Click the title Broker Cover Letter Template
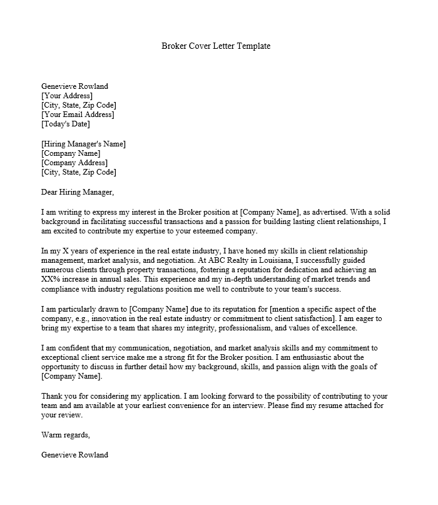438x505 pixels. (216, 46)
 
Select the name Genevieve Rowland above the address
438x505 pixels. (74, 86)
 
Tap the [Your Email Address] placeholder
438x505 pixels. (78, 115)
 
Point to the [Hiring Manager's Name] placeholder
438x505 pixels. (83, 144)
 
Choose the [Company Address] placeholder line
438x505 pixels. (74, 163)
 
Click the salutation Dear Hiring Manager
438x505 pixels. (78, 192)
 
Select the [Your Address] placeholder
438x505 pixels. (67, 96)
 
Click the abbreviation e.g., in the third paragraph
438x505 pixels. (83, 319)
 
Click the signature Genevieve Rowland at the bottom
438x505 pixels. (74, 455)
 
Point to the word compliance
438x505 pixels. (61, 290)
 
